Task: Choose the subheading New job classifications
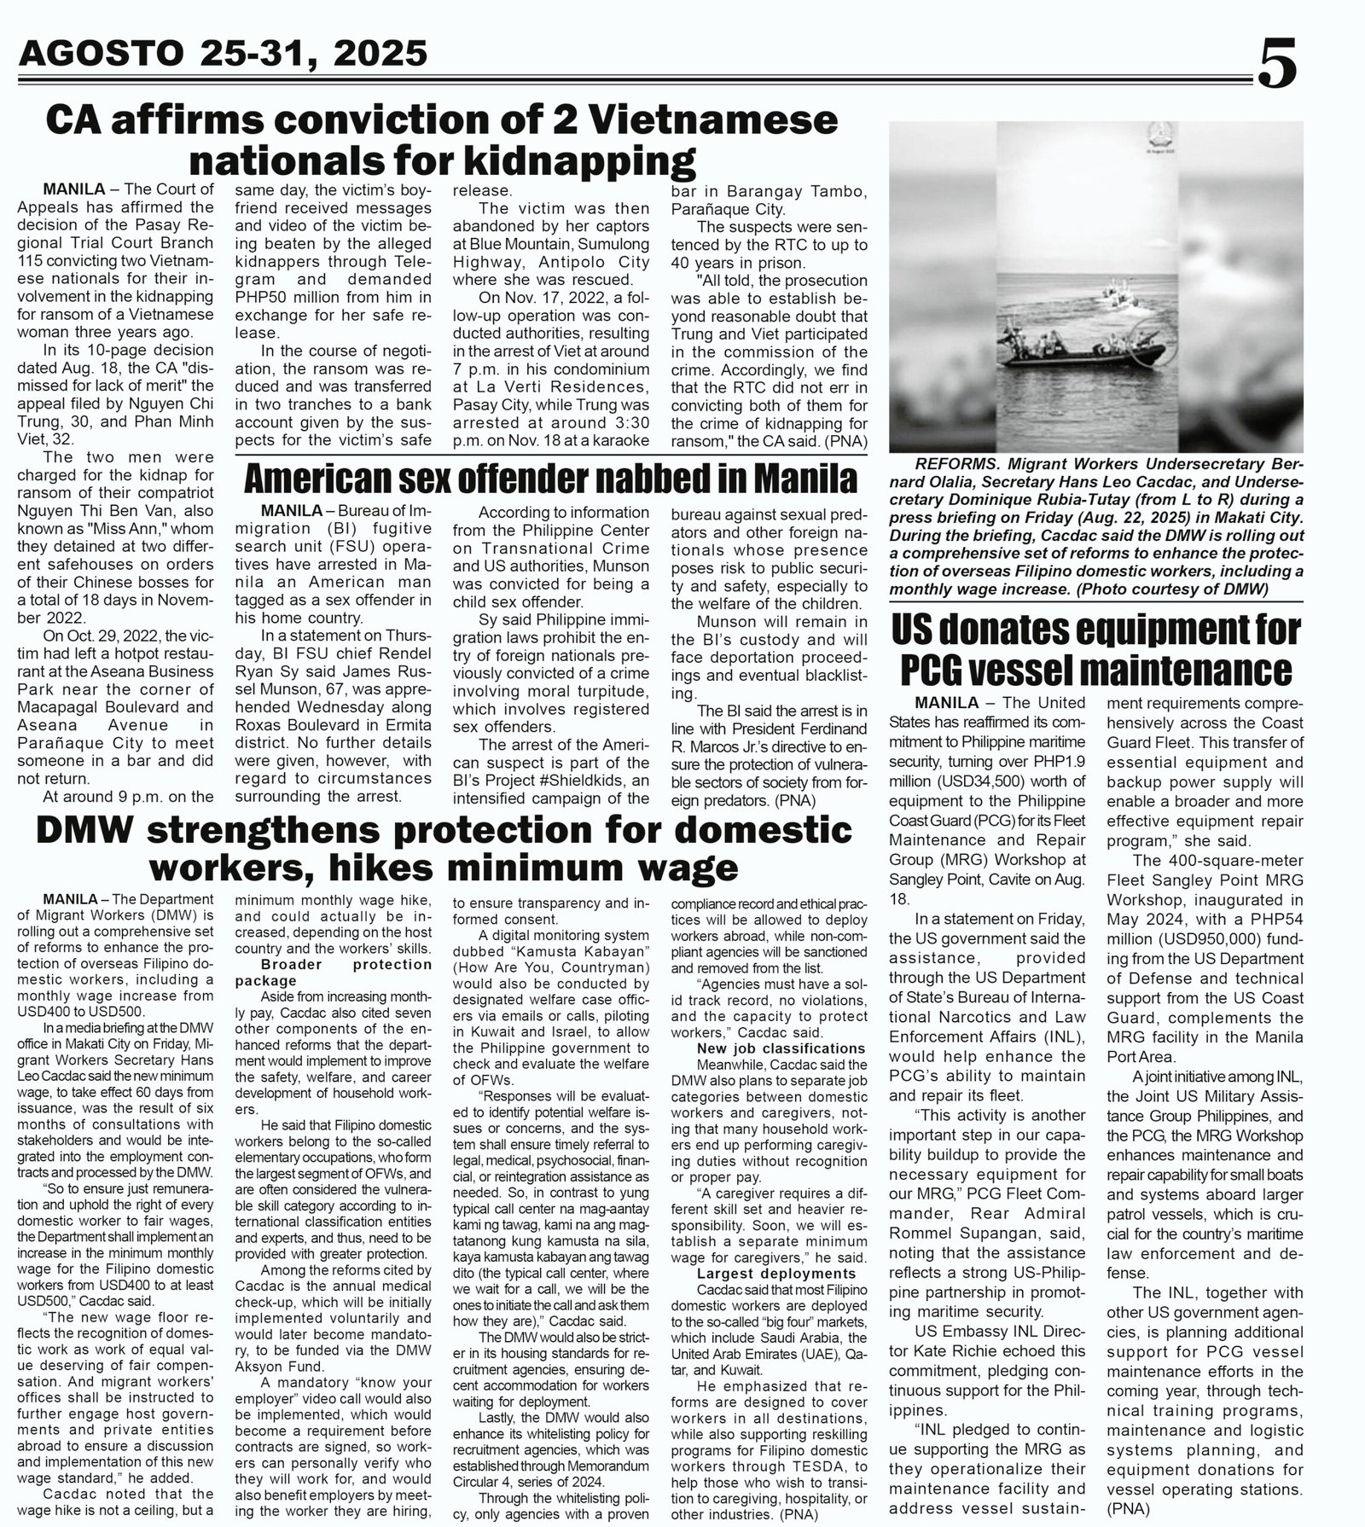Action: [x=781, y=1048]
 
